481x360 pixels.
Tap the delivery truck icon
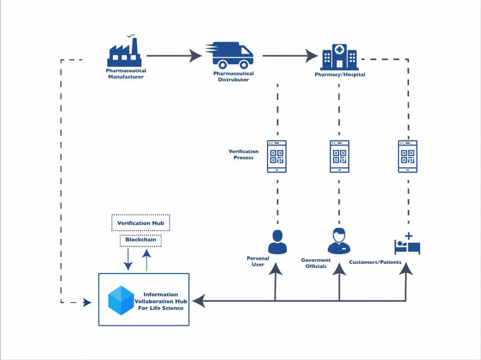coord(230,55)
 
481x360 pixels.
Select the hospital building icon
coord(339,57)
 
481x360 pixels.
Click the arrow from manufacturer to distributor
coord(174,56)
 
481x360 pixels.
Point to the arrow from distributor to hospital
coord(290,56)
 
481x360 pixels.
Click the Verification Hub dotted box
coord(141,222)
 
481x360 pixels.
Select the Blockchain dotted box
coord(141,240)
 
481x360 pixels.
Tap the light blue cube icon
coord(121,301)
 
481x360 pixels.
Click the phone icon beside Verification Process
coord(277,156)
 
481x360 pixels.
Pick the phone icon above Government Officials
coord(339,156)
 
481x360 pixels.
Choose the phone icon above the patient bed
coord(408,156)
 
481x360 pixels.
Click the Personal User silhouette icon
coord(277,242)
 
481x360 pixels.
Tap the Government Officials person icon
coord(339,241)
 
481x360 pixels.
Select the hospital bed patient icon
coord(408,244)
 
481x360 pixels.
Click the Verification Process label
coord(244,154)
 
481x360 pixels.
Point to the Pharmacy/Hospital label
coord(340,75)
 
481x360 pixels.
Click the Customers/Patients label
coord(375,262)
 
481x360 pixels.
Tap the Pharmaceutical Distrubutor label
coord(233,76)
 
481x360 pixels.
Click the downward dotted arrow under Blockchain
coord(128,260)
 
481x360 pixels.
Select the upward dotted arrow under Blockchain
coord(147,260)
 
